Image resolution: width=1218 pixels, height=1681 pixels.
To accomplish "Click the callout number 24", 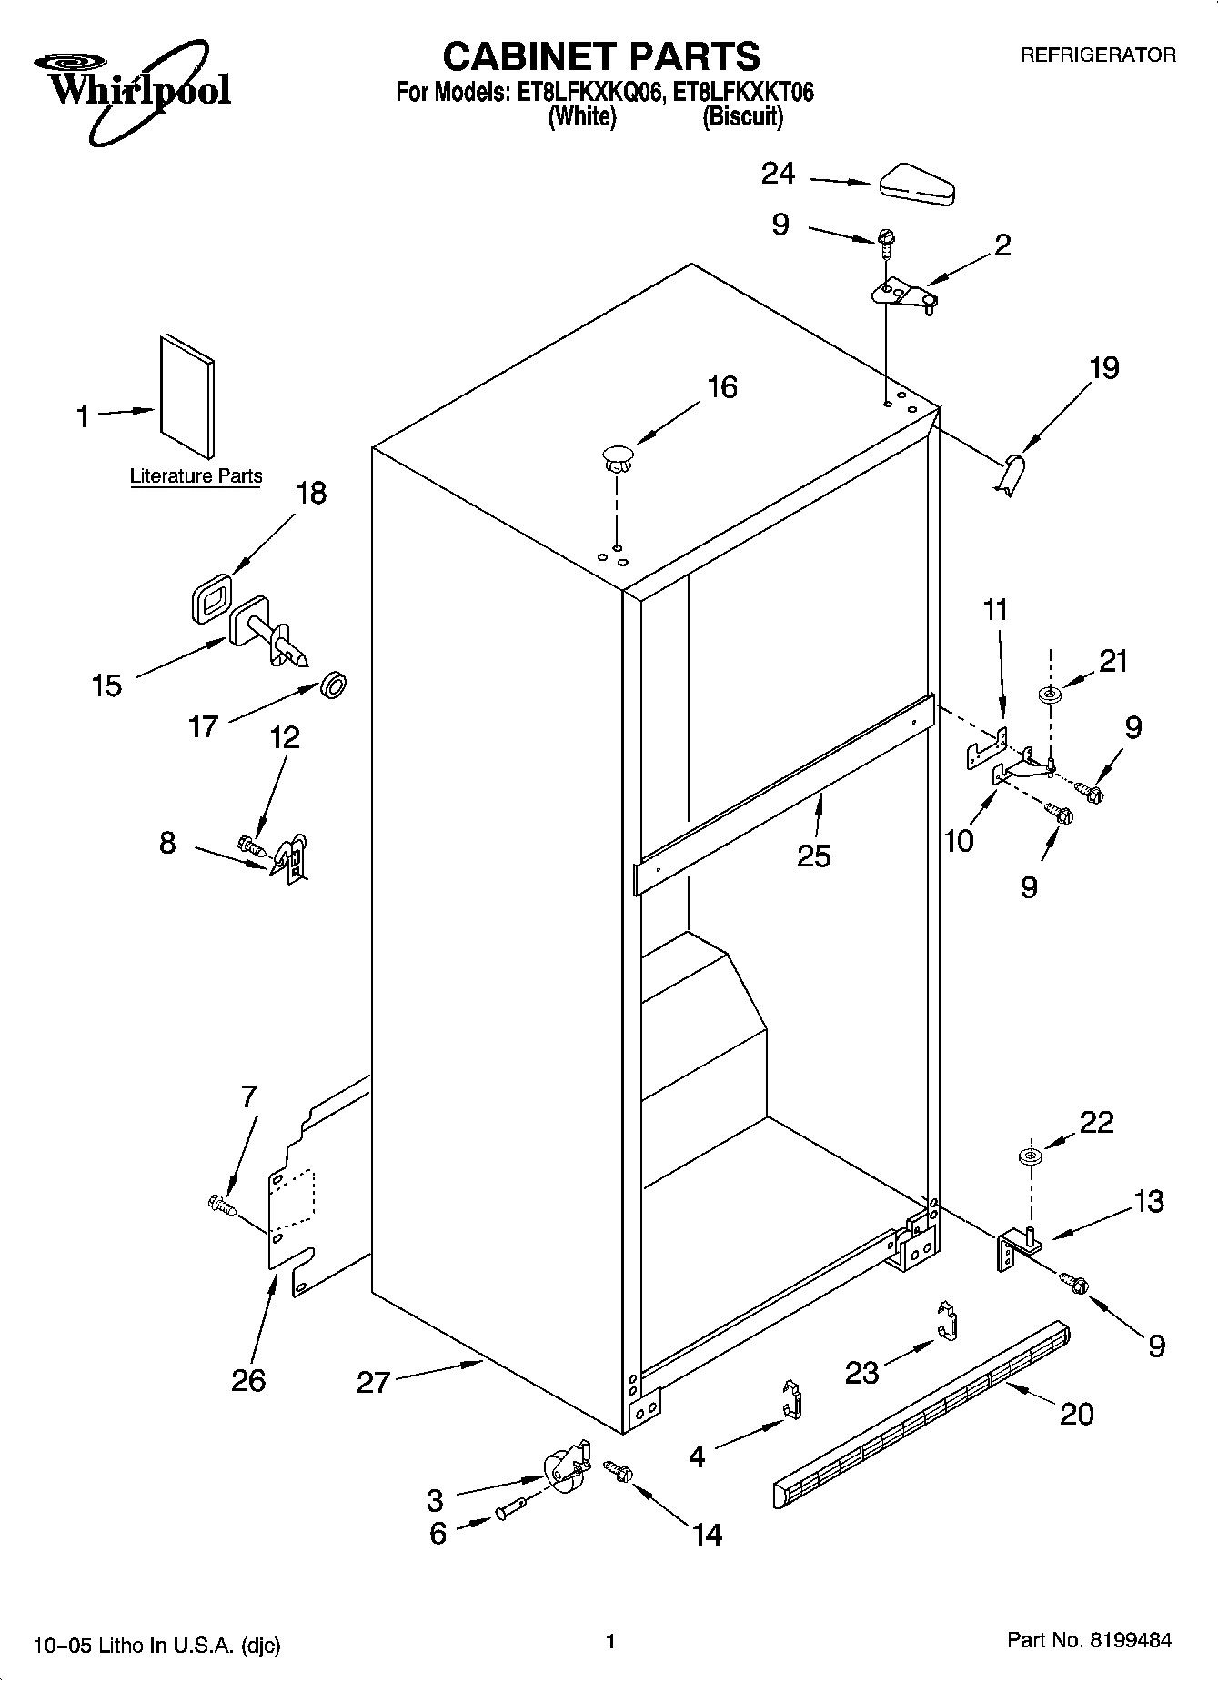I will tap(778, 174).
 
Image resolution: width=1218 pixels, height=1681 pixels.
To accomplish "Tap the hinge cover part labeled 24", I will tap(915, 182).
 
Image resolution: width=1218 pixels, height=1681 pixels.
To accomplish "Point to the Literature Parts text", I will tap(196, 475).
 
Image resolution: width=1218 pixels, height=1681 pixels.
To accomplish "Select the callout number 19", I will tap(1103, 368).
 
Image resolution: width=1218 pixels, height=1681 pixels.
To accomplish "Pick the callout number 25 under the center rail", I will tap(813, 855).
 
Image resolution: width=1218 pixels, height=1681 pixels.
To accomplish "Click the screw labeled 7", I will tap(221, 1206).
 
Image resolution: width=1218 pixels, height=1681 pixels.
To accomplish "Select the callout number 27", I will tap(373, 1383).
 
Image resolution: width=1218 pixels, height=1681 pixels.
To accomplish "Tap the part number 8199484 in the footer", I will tap(1128, 1641).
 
